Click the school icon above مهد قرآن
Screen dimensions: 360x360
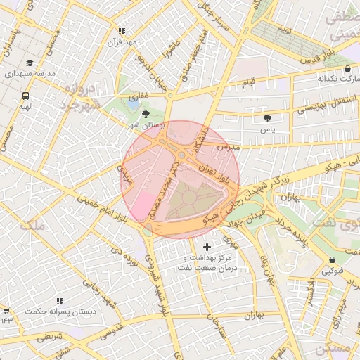122,31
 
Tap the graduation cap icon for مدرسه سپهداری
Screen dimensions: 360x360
29,63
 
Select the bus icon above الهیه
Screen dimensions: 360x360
26,96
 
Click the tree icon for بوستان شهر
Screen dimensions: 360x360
146,114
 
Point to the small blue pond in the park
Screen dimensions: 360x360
134,103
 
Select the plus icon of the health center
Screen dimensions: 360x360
207,247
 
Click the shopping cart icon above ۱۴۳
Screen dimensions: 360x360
6,310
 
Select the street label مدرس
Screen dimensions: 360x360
228,147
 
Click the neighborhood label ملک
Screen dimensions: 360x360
33,226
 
